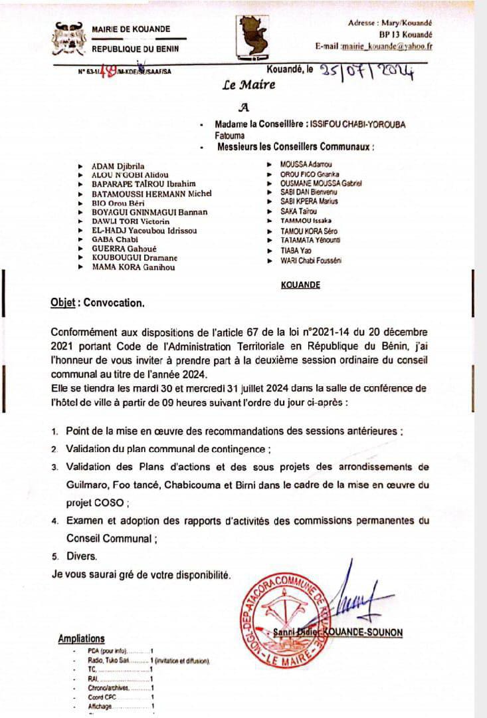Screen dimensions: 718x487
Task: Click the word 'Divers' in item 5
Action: [81, 556]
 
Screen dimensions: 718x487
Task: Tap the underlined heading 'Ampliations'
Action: [81, 638]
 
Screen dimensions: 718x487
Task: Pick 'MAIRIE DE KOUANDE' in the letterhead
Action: [130, 29]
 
